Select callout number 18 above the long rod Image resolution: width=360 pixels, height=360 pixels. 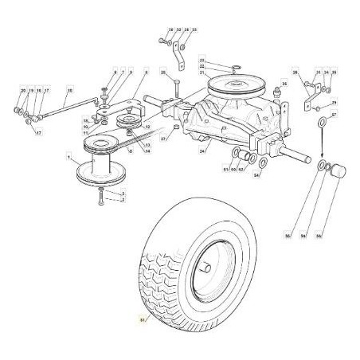(69, 92)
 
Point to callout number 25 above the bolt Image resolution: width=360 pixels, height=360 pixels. (162, 72)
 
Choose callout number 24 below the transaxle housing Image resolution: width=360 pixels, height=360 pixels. (202, 151)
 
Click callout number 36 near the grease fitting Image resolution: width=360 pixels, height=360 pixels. (284, 82)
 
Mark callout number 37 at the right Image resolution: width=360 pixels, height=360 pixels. (334, 115)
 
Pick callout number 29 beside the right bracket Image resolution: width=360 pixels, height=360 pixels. (334, 104)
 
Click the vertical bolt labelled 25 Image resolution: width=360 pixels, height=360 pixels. (175, 90)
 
